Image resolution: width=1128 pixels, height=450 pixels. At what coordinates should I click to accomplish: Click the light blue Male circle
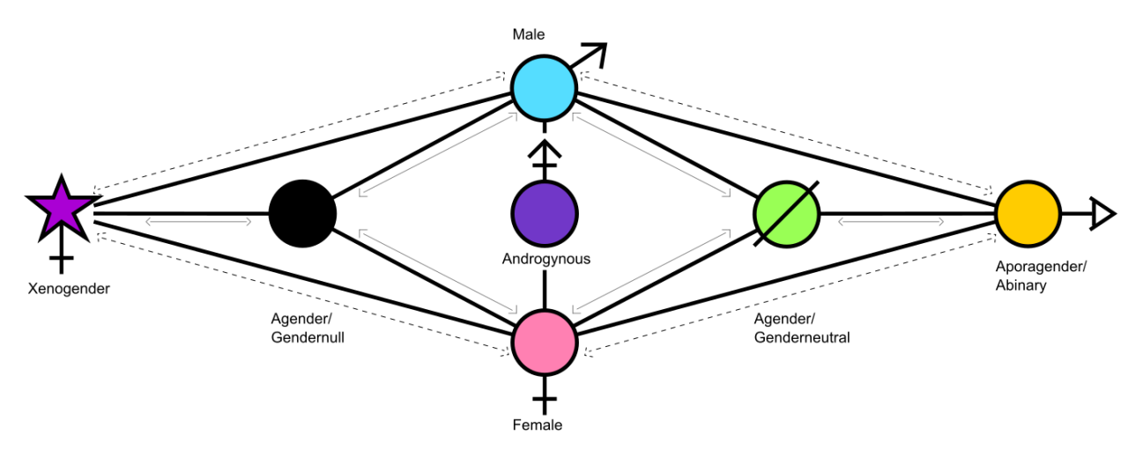click(544, 88)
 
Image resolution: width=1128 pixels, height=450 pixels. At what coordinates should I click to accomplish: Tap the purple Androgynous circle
click(545, 214)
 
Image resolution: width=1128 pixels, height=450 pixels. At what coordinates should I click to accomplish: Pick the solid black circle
click(302, 214)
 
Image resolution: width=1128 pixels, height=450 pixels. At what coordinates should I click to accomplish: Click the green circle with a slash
click(787, 214)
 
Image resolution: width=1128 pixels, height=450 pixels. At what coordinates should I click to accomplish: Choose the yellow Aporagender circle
click(1028, 214)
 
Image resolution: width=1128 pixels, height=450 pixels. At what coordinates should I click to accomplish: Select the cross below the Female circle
click(545, 401)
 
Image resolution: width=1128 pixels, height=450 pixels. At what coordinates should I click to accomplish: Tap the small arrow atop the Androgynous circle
click(545, 154)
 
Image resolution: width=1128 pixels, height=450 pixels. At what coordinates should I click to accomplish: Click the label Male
click(529, 35)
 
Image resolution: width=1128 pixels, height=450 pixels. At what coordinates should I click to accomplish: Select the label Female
click(537, 425)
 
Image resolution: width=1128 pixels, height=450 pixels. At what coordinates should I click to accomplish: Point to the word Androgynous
click(545, 259)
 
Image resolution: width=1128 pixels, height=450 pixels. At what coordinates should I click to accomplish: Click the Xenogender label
click(69, 288)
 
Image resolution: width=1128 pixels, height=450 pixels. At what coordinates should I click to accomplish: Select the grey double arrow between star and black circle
click(198, 221)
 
